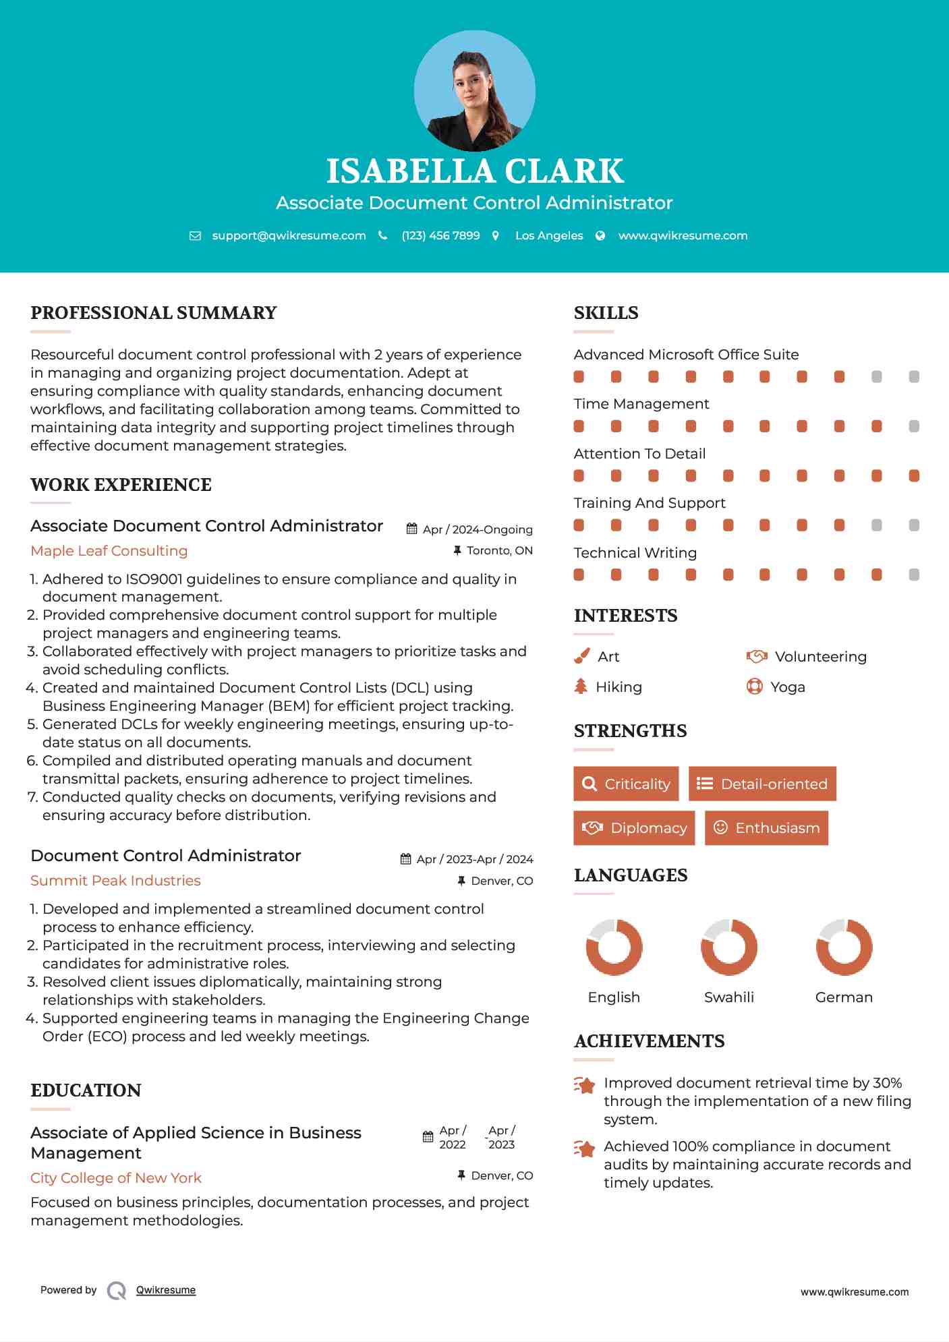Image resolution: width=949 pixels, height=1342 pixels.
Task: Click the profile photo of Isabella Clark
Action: [474, 91]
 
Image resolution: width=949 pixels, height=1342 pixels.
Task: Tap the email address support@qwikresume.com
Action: [289, 235]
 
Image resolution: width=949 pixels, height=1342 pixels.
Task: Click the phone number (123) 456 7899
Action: [440, 235]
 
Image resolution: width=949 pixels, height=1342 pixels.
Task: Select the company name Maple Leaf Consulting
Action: [109, 551]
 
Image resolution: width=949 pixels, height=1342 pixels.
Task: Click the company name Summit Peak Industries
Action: [115, 881]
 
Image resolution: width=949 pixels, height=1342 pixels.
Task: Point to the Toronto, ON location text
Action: [499, 551]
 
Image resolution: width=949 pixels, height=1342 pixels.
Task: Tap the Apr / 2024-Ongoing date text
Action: [477, 529]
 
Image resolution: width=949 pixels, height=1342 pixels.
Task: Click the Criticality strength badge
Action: [626, 784]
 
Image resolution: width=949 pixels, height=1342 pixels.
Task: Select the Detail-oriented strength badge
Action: [762, 784]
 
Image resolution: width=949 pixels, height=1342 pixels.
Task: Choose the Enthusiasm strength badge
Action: [766, 827]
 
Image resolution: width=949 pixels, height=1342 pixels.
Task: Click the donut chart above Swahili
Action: [729, 947]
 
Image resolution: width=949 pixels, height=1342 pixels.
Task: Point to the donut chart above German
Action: [844, 947]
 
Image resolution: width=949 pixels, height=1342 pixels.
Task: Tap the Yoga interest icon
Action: [754, 687]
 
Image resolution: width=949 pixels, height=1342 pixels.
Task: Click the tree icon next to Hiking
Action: [581, 687]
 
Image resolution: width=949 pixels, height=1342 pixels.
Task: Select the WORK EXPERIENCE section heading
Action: [121, 485]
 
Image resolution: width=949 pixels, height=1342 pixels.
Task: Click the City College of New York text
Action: [116, 1178]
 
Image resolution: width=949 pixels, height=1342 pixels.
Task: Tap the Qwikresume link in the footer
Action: [166, 1290]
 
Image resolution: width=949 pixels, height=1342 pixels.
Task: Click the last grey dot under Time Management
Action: [914, 426]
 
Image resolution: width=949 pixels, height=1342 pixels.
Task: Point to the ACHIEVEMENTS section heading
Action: [649, 1041]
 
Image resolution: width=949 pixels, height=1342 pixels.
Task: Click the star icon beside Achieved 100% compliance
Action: [585, 1148]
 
